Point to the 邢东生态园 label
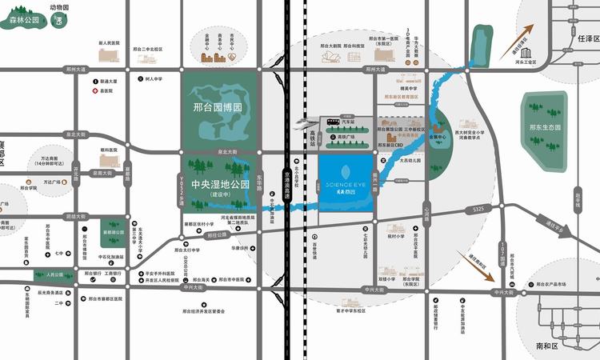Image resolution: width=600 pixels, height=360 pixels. (545, 127)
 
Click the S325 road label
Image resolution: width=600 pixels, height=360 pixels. (478, 210)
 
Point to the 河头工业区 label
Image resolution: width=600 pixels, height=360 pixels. (525, 61)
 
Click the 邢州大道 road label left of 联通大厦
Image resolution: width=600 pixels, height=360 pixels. (74, 70)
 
